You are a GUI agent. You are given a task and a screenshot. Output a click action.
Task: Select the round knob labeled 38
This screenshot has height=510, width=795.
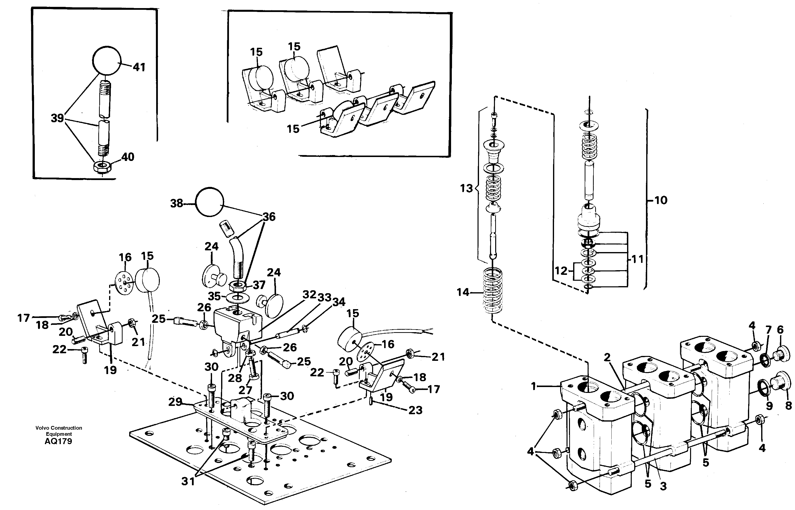click(x=209, y=202)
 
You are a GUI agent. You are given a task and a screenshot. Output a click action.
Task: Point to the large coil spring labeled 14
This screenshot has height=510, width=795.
click(x=493, y=291)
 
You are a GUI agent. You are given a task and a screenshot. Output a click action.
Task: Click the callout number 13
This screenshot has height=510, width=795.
click(x=466, y=188)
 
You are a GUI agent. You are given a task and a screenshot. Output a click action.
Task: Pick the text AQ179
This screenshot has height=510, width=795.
click(x=58, y=441)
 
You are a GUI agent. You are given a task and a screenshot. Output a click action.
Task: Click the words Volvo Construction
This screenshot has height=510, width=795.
click(x=59, y=428)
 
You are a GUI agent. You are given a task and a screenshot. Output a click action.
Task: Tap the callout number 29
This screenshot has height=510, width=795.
click(x=175, y=402)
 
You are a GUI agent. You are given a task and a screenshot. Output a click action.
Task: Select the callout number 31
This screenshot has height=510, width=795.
click(x=188, y=481)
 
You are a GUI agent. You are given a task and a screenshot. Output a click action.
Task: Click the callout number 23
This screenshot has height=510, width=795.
click(x=415, y=410)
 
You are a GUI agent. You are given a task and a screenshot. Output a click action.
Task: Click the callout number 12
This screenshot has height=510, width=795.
click(x=561, y=271)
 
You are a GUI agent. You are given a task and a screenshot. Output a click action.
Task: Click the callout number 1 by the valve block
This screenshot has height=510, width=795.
click(x=533, y=386)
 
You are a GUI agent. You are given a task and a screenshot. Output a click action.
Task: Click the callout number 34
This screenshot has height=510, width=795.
click(x=339, y=302)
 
